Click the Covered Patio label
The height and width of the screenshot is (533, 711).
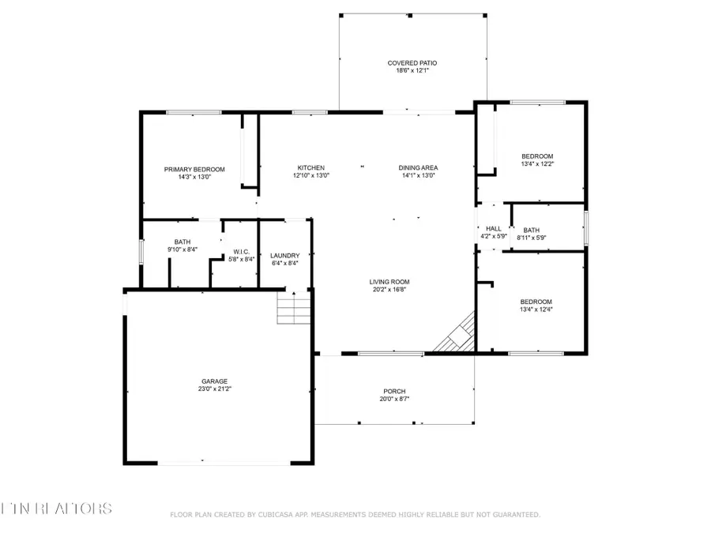pyautogui.click(x=412, y=62)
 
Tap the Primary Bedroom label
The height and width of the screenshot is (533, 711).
pyautogui.click(x=194, y=169)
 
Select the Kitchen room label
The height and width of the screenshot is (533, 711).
pyautogui.click(x=310, y=167)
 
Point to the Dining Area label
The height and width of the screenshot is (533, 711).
pyautogui.click(x=418, y=167)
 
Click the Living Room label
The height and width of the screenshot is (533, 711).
pyautogui.click(x=389, y=281)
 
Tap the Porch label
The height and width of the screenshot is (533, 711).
pyautogui.click(x=394, y=392)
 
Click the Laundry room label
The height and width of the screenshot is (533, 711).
pyautogui.click(x=284, y=255)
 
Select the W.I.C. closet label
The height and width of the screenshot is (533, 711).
pyautogui.click(x=242, y=251)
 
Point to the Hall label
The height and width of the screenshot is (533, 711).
pyautogui.click(x=493, y=228)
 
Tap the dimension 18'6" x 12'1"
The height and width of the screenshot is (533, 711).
pyautogui.click(x=412, y=70)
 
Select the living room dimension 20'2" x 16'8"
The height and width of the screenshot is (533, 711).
pyautogui.click(x=389, y=289)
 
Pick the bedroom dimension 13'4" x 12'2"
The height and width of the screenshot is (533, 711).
pyautogui.click(x=536, y=163)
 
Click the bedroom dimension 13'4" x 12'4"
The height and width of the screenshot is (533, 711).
pyautogui.click(x=536, y=310)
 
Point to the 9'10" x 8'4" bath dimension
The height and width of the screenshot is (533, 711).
pyautogui.click(x=182, y=249)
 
